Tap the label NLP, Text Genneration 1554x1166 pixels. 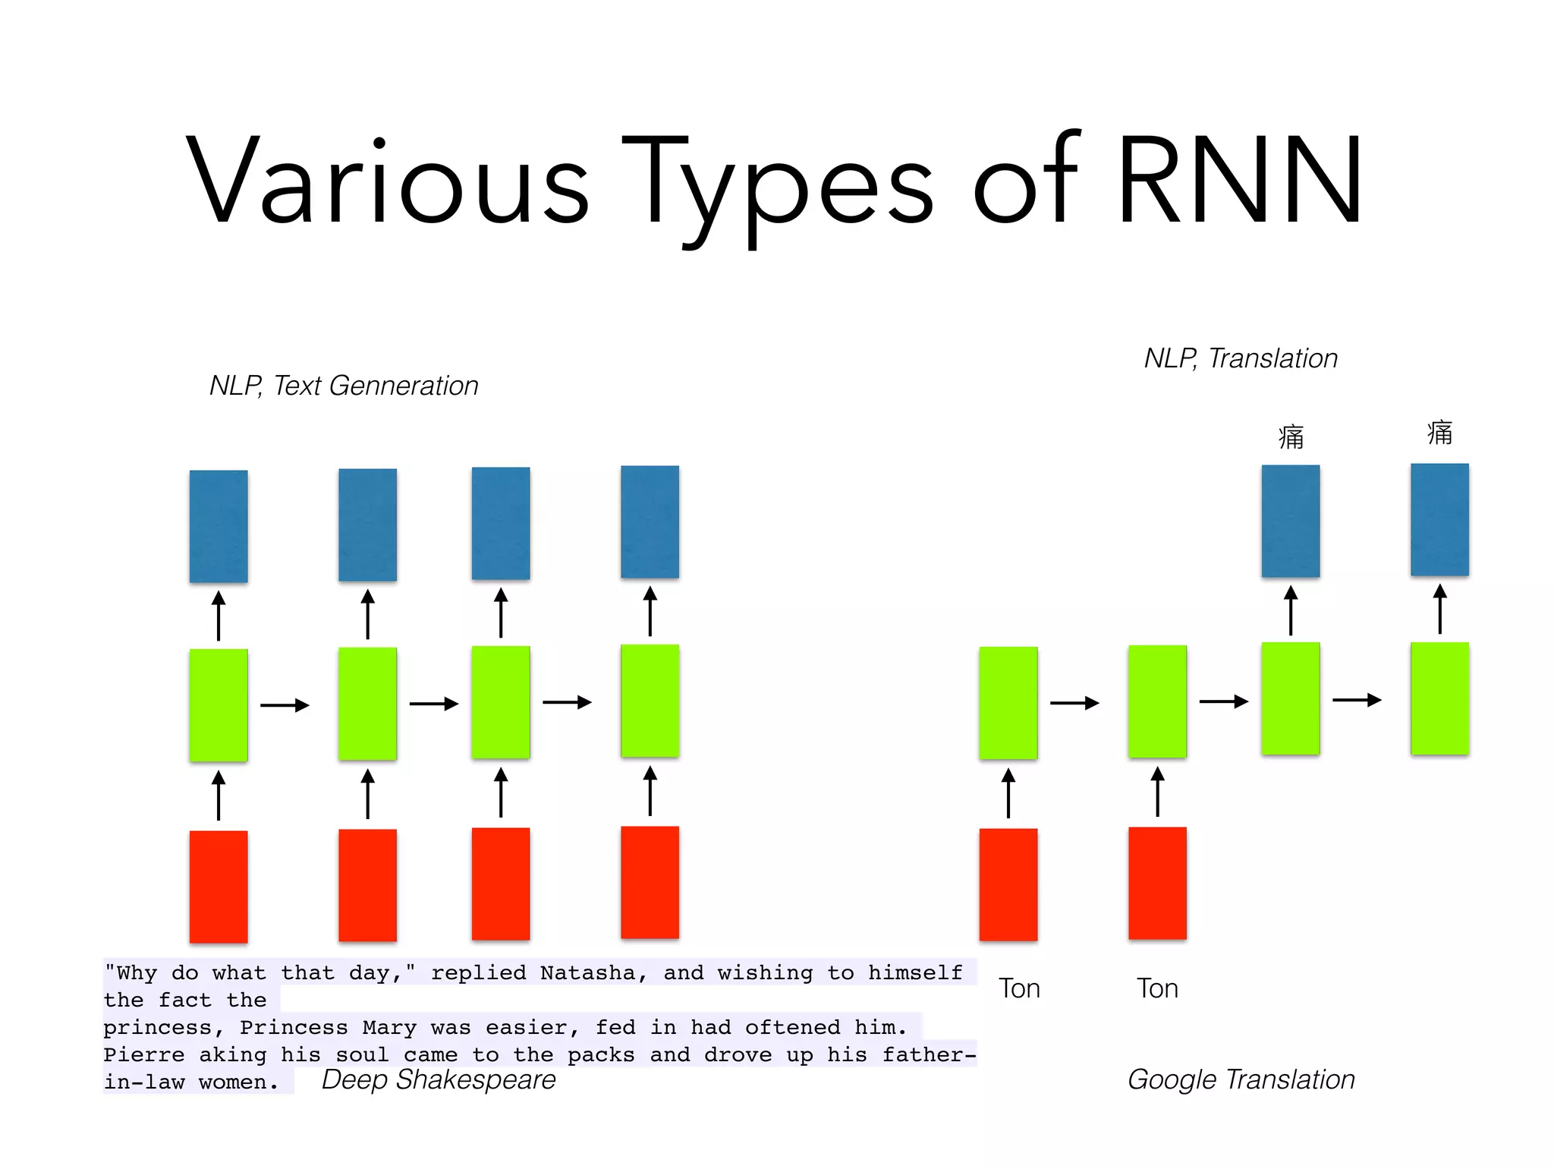pyautogui.click(x=344, y=386)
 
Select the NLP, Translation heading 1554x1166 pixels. pyautogui.click(x=1241, y=358)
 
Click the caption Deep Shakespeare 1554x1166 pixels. pyautogui.click(x=439, y=1079)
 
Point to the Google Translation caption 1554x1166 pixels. pyautogui.click(x=1241, y=1079)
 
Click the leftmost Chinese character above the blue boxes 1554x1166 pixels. pyautogui.click(x=1291, y=436)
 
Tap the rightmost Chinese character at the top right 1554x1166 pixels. pyautogui.click(x=1439, y=433)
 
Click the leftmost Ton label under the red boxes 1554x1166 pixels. pyautogui.click(x=1019, y=988)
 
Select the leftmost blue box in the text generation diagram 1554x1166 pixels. pyautogui.click(x=219, y=526)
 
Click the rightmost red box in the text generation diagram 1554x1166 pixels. pyautogui.click(x=650, y=882)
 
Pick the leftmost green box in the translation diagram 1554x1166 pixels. pyautogui.click(x=1008, y=702)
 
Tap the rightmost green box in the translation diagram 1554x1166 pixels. pyautogui.click(x=1439, y=698)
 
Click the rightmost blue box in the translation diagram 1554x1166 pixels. pyautogui.click(x=1439, y=519)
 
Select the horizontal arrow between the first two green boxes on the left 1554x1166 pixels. pyautogui.click(x=285, y=705)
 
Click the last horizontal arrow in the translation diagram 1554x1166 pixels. pyautogui.click(x=1357, y=700)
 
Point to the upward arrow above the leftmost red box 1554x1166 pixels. pyautogui.click(x=219, y=796)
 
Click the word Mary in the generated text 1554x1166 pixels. pyautogui.click(x=389, y=1027)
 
